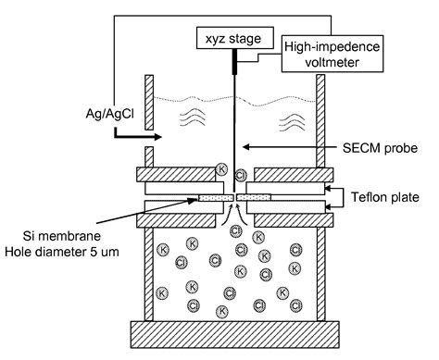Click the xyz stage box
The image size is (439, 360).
(x=228, y=40)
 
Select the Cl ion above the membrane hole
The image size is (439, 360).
(x=241, y=174)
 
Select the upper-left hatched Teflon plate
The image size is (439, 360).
(x=176, y=174)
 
